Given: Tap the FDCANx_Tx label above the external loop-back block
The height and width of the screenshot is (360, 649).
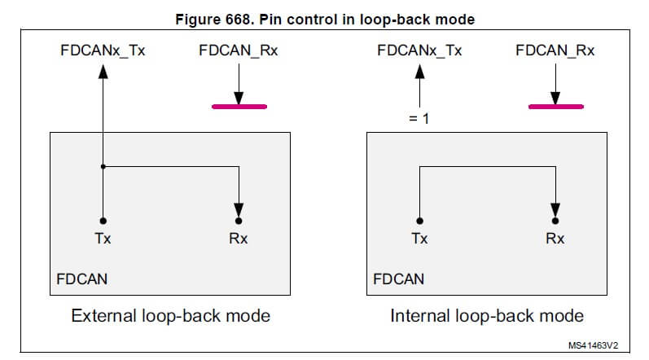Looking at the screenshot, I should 102,50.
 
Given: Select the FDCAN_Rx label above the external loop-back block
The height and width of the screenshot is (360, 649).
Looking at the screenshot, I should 238,50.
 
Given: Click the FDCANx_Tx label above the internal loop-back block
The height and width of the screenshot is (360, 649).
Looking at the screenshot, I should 419,50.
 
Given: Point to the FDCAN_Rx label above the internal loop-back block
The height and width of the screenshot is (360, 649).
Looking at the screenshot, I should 555,50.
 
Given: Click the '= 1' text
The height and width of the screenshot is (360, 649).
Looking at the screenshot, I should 419,119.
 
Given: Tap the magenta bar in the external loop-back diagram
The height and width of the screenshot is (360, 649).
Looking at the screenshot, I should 239,106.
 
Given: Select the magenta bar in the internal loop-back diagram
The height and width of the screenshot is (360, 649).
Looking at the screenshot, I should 555,106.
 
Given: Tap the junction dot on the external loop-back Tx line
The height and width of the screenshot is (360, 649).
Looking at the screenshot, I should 103,167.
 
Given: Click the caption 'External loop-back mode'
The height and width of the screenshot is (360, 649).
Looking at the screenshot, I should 171,315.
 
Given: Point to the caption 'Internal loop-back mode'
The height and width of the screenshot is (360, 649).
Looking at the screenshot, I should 487,315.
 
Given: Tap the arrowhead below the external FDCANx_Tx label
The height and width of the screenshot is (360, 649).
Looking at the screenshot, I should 103,71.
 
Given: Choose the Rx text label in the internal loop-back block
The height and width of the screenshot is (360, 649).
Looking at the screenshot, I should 555,239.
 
